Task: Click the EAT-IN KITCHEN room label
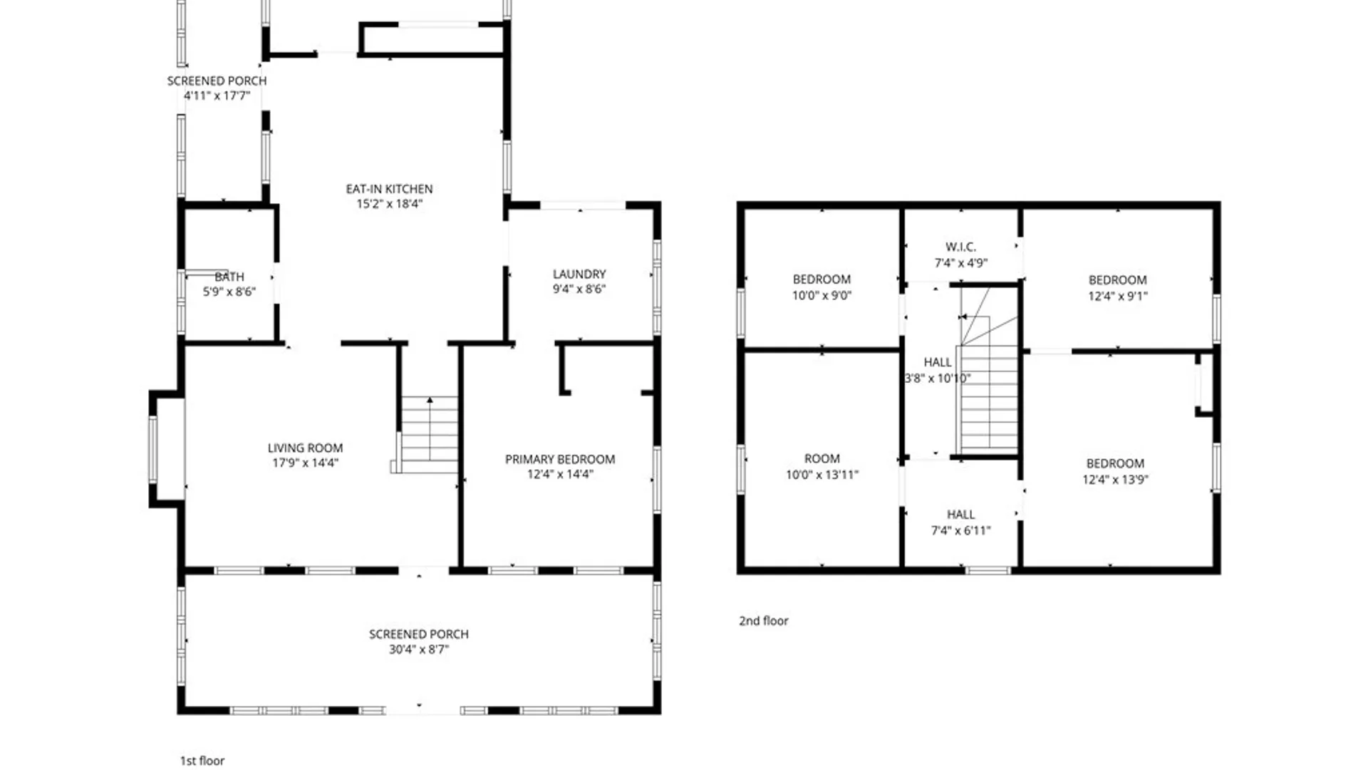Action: point(389,189)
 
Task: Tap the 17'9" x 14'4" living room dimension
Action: point(305,463)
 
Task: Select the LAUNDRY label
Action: point(579,274)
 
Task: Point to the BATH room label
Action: point(229,277)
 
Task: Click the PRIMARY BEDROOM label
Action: point(560,459)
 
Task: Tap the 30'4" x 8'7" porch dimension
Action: point(418,649)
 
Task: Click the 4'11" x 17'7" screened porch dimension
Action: point(217,96)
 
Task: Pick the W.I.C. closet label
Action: point(960,247)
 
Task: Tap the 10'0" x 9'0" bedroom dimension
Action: point(822,295)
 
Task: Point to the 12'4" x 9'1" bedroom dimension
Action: point(1117,296)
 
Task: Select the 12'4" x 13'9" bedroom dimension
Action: point(1115,479)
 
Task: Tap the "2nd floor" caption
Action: point(763,621)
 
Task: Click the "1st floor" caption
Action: point(202,761)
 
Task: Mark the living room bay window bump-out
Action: point(167,449)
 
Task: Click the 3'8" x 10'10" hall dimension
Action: point(937,378)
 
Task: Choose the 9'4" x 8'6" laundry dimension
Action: point(579,289)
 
